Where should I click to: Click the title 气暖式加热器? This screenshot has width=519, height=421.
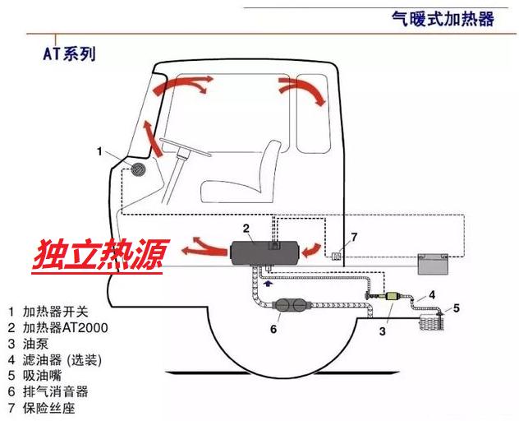point(442,18)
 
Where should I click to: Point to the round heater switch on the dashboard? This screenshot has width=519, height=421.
point(140,171)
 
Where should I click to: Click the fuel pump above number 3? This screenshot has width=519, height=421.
point(387,298)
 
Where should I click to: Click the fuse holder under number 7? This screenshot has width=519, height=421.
point(337,254)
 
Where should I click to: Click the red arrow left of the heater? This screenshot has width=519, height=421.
point(201,245)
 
